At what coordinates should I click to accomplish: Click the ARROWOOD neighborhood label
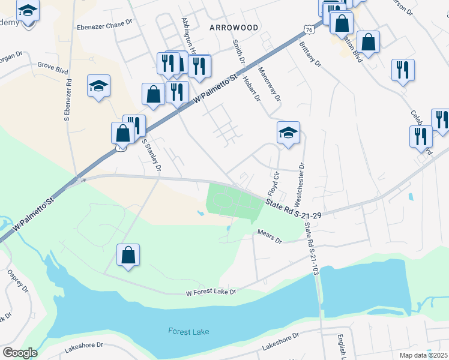coord(234,28)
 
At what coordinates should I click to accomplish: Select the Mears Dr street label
coord(270,235)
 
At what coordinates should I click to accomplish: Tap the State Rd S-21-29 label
coord(291,208)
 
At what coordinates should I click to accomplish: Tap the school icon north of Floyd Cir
coord(288,133)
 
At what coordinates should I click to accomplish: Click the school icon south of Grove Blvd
coord(98,86)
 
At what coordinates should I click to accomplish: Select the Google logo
coord(20,353)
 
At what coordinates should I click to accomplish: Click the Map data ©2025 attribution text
coord(423,355)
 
